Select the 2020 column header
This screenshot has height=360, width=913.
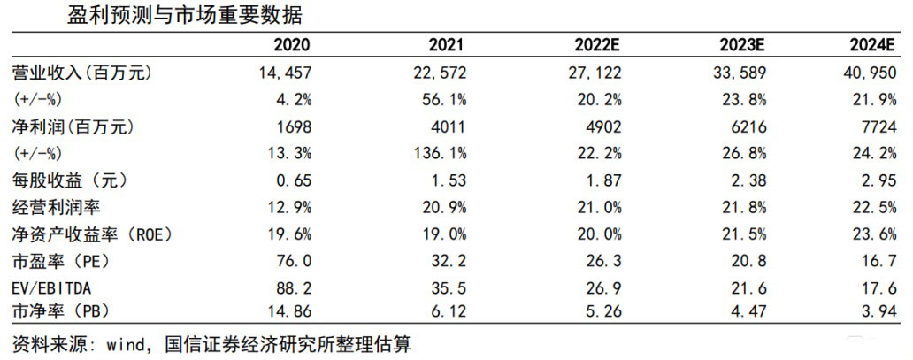click(292, 45)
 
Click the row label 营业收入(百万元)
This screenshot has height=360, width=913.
click(81, 73)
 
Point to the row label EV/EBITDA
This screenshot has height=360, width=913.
click(52, 287)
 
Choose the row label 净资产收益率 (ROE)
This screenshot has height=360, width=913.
click(93, 234)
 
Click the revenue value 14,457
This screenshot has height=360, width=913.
click(279, 73)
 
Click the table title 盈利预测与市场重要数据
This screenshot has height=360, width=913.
click(186, 15)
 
